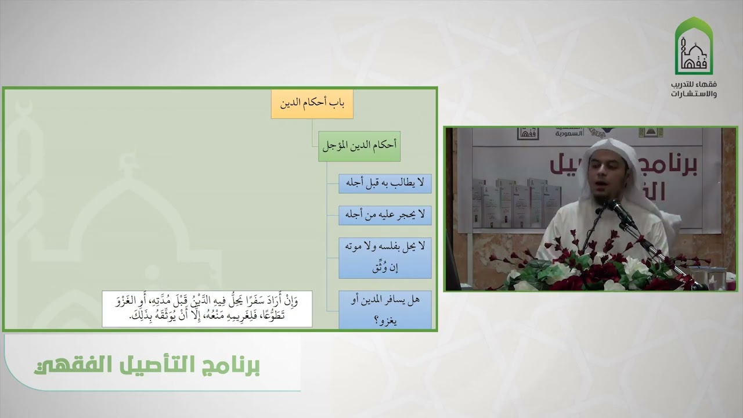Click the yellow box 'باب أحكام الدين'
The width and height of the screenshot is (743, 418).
click(x=312, y=105)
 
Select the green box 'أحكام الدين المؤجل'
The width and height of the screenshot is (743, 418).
click(x=359, y=146)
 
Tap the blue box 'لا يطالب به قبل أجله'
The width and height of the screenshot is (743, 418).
click(x=385, y=183)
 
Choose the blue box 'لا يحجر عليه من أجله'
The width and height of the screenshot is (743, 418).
click(x=385, y=215)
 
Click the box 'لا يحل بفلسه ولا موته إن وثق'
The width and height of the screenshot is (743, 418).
click(x=385, y=257)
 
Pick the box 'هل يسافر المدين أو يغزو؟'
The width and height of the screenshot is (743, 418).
click(x=385, y=309)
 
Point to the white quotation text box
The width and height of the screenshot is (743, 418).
click(x=207, y=309)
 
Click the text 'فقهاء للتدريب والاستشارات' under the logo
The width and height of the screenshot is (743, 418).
click(x=694, y=89)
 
